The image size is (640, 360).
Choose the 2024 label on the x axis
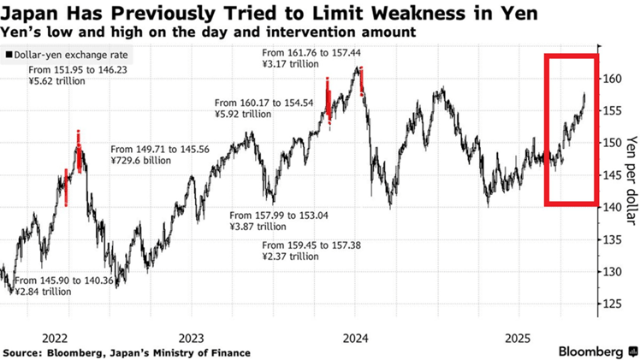[x=356, y=337]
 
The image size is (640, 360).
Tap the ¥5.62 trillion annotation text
[x=57, y=84]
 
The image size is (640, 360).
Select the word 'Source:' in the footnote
[x=25, y=352]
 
